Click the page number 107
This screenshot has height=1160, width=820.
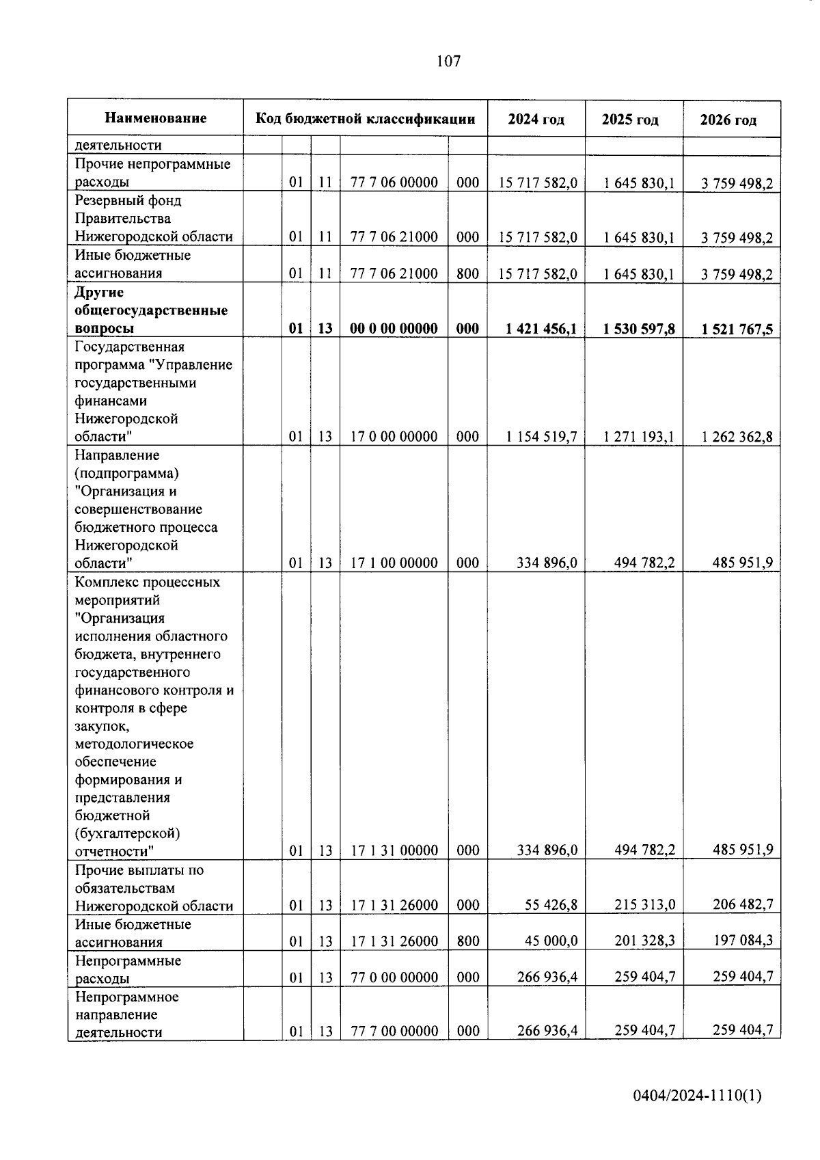coord(448,62)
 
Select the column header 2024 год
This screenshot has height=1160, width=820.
coord(536,120)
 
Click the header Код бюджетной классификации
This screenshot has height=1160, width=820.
coord(365,119)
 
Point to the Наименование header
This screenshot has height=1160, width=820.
coord(156,118)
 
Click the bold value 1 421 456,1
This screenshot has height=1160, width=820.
coord(541,329)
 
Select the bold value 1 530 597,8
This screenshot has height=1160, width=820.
coord(639,329)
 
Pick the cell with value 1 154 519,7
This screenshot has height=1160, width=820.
coord(541,437)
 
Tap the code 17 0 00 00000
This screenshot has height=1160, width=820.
coord(394,437)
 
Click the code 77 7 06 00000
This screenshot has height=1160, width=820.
coord(394,183)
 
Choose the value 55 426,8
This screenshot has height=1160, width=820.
coord(551,905)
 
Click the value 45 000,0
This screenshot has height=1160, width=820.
coord(551,941)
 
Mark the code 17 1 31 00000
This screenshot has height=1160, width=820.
coord(394,850)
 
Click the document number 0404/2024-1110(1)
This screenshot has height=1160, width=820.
coord(697,1096)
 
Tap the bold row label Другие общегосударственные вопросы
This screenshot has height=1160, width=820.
coord(150,310)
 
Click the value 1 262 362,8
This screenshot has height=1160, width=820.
coord(737,437)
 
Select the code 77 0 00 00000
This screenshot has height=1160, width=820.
coord(394,977)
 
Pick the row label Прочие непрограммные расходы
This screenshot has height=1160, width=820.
coord(152,173)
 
